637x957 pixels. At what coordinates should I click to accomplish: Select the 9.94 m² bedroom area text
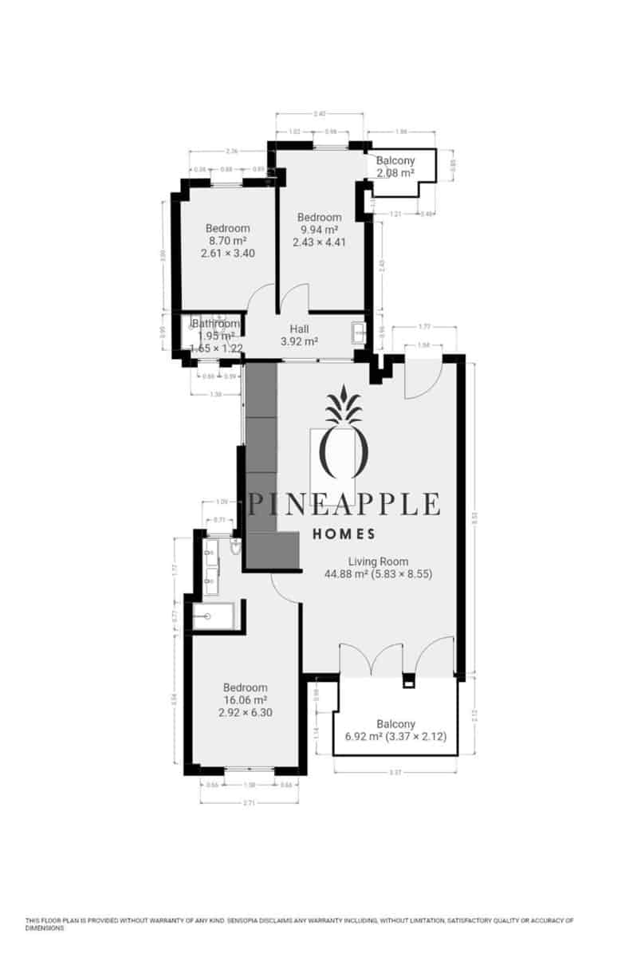tap(319, 230)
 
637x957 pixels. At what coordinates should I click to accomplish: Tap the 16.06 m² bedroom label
tap(245, 700)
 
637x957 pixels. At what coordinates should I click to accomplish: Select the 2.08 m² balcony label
tap(395, 167)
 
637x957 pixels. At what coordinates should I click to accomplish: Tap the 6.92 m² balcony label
tap(395, 731)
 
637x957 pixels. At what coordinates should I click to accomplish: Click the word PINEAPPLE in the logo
tap(344, 504)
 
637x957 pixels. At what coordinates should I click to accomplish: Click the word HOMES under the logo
tap(344, 534)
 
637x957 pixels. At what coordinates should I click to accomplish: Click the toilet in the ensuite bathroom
tap(234, 546)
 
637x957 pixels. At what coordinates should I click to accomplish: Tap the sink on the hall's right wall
tap(358, 332)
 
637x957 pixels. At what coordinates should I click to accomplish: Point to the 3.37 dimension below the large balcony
tap(395, 772)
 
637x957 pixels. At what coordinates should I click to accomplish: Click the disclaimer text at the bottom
tap(299, 924)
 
